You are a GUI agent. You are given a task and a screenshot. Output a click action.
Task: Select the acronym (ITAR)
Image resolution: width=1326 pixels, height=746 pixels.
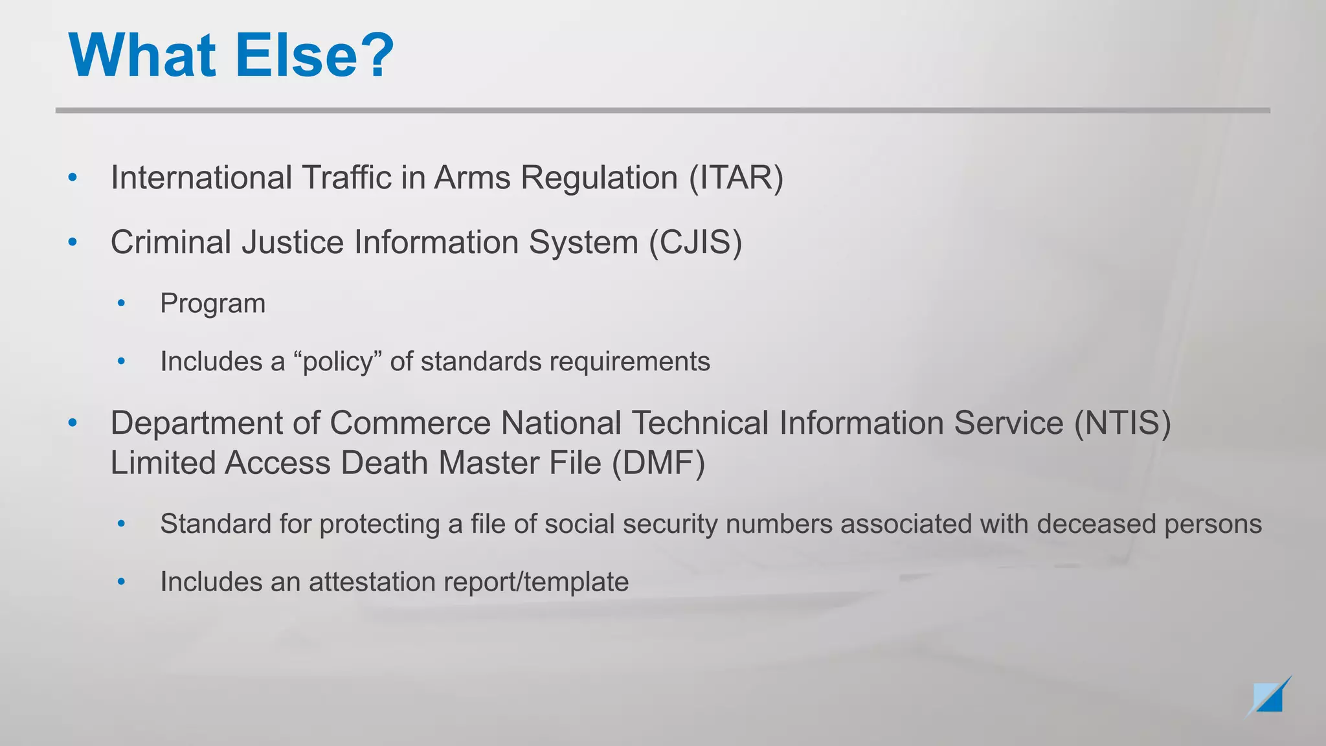tap(736, 178)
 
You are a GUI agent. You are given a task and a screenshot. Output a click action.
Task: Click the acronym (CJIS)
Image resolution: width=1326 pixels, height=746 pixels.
tap(695, 243)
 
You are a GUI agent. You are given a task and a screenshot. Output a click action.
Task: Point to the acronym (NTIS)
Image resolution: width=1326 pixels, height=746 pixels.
tap(1123, 424)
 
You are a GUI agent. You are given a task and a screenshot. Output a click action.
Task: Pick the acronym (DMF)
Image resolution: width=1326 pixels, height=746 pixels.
tap(658, 464)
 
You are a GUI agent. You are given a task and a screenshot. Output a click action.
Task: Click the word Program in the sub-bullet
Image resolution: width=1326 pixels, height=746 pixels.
tap(213, 304)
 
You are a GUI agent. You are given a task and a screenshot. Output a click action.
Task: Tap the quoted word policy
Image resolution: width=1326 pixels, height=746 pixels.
tap(338, 362)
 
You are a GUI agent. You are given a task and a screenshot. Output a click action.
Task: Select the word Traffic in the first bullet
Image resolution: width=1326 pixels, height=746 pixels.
tap(346, 178)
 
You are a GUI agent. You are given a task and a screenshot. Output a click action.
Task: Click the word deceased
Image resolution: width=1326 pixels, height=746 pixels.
tap(1096, 524)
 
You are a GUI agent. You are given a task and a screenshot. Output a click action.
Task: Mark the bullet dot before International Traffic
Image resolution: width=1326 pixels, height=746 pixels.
tap(73, 177)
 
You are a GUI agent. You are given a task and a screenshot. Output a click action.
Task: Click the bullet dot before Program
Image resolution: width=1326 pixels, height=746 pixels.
tap(121, 303)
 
